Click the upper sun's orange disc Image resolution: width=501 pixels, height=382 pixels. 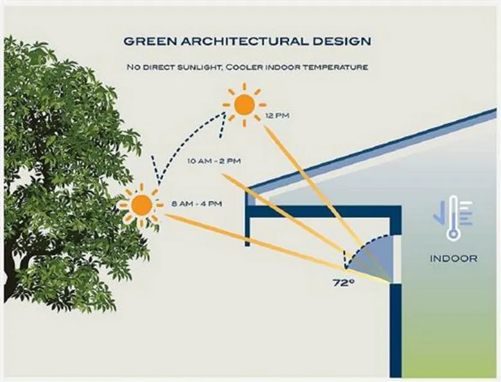pyautogui.click(x=245, y=105)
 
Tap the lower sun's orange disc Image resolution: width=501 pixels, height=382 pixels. pyautogui.click(x=141, y=205)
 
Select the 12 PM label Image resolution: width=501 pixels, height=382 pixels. pyautogui.click(x=277, y=116)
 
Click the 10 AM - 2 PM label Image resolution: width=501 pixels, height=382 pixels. pyautogui.click(x=214, y=161)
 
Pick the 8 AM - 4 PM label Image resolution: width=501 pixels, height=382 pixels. pyautogui.click(x=197, y=204)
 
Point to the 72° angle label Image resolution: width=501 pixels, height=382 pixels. pyautogui.click(x=344, y=283)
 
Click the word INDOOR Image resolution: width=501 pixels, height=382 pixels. pyautogui.click(x=453, y=258)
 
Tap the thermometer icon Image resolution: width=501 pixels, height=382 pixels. pyautogui.click(x=453, y=218)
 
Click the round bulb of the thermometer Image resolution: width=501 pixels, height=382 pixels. pyautogui.click(x=453, y=234)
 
